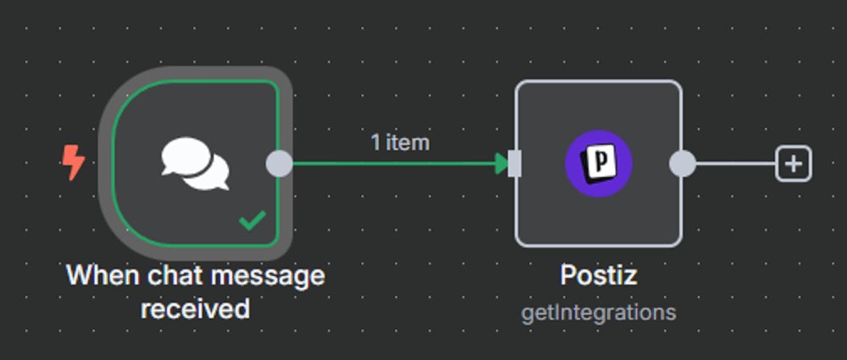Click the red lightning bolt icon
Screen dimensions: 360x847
[74, 162]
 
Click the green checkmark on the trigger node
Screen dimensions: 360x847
[252, 222]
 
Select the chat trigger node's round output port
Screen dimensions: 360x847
[279, 163]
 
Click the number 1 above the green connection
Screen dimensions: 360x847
[375, 142]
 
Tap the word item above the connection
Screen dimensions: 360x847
[407, 142]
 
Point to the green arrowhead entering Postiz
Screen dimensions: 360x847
[501, 163]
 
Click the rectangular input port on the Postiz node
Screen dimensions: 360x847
[514, 163]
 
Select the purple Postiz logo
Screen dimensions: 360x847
[599, 163]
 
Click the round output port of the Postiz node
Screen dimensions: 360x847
[682, 163]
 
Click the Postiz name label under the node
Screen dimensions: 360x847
[598, 276]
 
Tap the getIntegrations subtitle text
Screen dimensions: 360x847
[598, 313]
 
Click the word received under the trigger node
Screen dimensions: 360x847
[195, 309]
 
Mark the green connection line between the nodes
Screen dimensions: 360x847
[390, 163]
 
